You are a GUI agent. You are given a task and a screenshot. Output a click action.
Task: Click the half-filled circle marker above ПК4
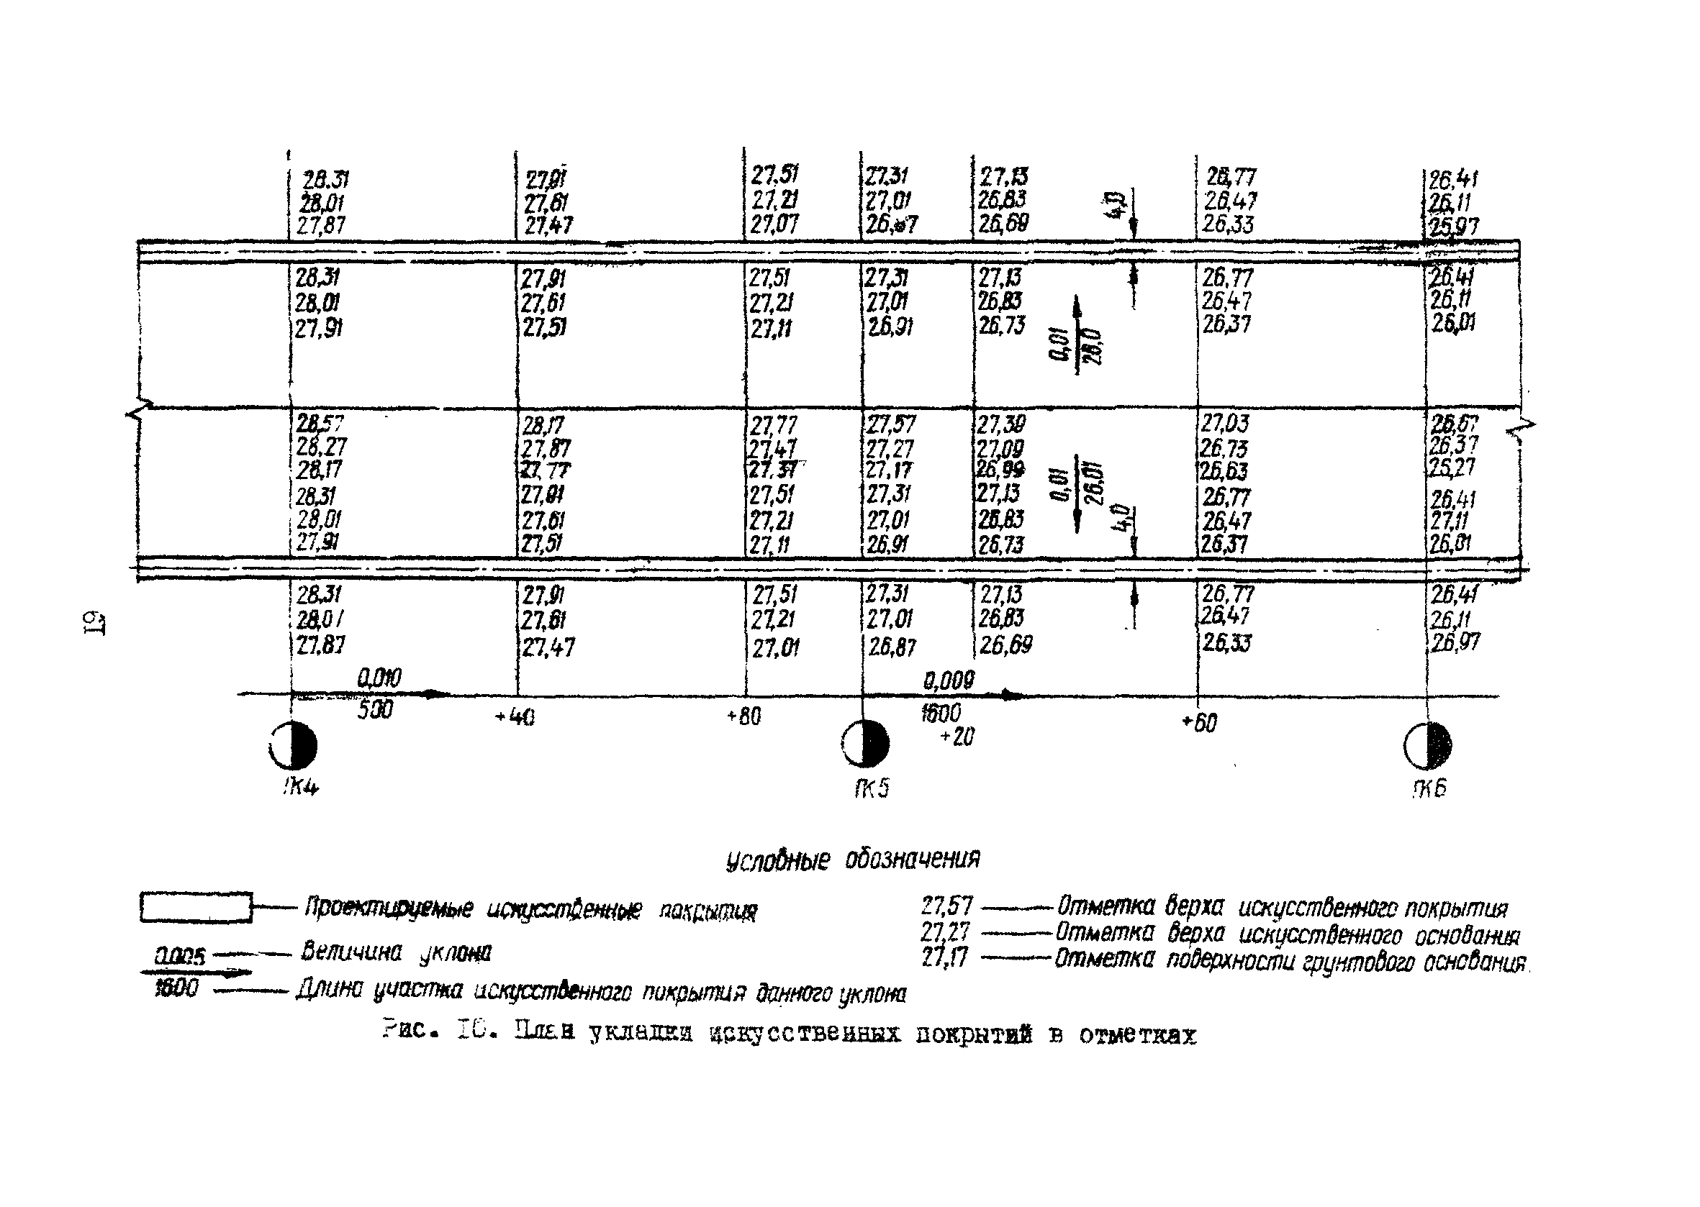(293, 744)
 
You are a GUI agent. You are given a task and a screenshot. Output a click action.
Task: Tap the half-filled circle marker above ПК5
(865, 743)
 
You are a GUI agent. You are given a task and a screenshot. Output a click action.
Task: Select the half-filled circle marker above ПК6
(1427, 745)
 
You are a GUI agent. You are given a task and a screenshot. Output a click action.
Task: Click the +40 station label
(515, 718)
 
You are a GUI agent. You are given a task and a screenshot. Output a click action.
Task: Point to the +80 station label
(743, 716)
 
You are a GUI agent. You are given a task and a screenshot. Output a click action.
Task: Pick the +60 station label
(1199, 722)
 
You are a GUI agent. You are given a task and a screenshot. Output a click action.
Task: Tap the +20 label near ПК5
(957, 737)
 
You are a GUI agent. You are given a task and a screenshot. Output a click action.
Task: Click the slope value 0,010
(379, 678)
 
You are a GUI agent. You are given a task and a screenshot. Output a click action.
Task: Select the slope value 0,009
(948, 680)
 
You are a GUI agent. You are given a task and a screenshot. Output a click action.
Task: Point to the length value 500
(375, 711)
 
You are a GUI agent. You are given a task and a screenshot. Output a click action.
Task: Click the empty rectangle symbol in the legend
(196, 908)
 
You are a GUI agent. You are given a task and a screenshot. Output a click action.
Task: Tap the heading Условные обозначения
(852, 860)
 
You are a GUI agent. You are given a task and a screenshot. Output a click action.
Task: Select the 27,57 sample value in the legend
(946, 906)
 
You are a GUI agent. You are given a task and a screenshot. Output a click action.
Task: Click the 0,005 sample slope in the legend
(179, 956)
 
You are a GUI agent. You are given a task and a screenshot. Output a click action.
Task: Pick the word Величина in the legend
(351, 952)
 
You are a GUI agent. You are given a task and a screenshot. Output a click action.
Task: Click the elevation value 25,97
(1453, 226)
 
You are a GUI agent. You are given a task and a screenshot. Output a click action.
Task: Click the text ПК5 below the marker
(871, 788)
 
